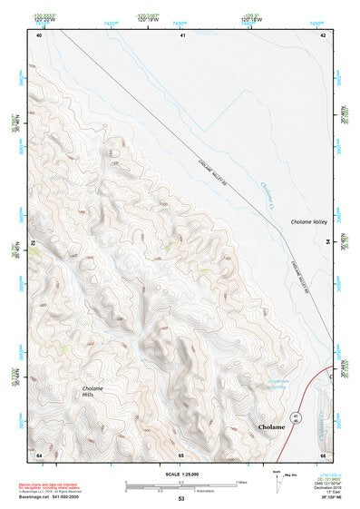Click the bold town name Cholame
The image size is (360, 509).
point(271,426)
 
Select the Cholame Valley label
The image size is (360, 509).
point(308,221)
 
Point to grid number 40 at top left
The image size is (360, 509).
point(39,34)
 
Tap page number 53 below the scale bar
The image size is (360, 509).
point(181,499)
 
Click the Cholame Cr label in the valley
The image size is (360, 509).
point(267,194)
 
